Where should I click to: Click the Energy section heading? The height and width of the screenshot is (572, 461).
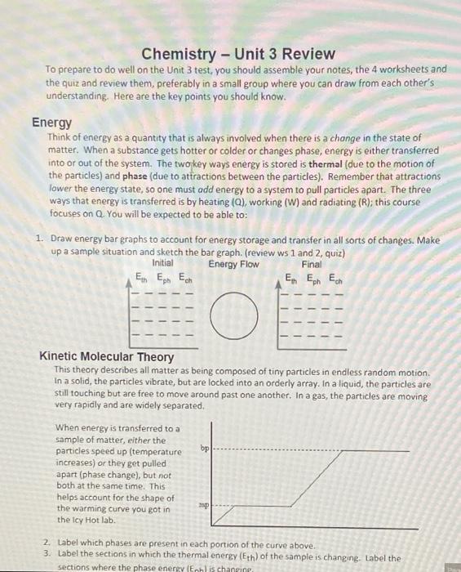click(52, 123)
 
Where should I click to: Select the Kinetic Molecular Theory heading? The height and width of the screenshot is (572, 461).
click(107, 357)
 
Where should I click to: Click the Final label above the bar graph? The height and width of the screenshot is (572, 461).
click(311, 264)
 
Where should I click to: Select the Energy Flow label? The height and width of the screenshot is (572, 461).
click(233, 264)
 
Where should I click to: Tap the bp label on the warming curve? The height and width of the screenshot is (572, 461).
click(204, 448)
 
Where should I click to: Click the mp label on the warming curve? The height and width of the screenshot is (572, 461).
click(204, 506)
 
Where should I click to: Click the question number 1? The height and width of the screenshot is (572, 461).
click(39, 239)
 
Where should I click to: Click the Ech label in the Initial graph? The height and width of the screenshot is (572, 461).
click(186, 278)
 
